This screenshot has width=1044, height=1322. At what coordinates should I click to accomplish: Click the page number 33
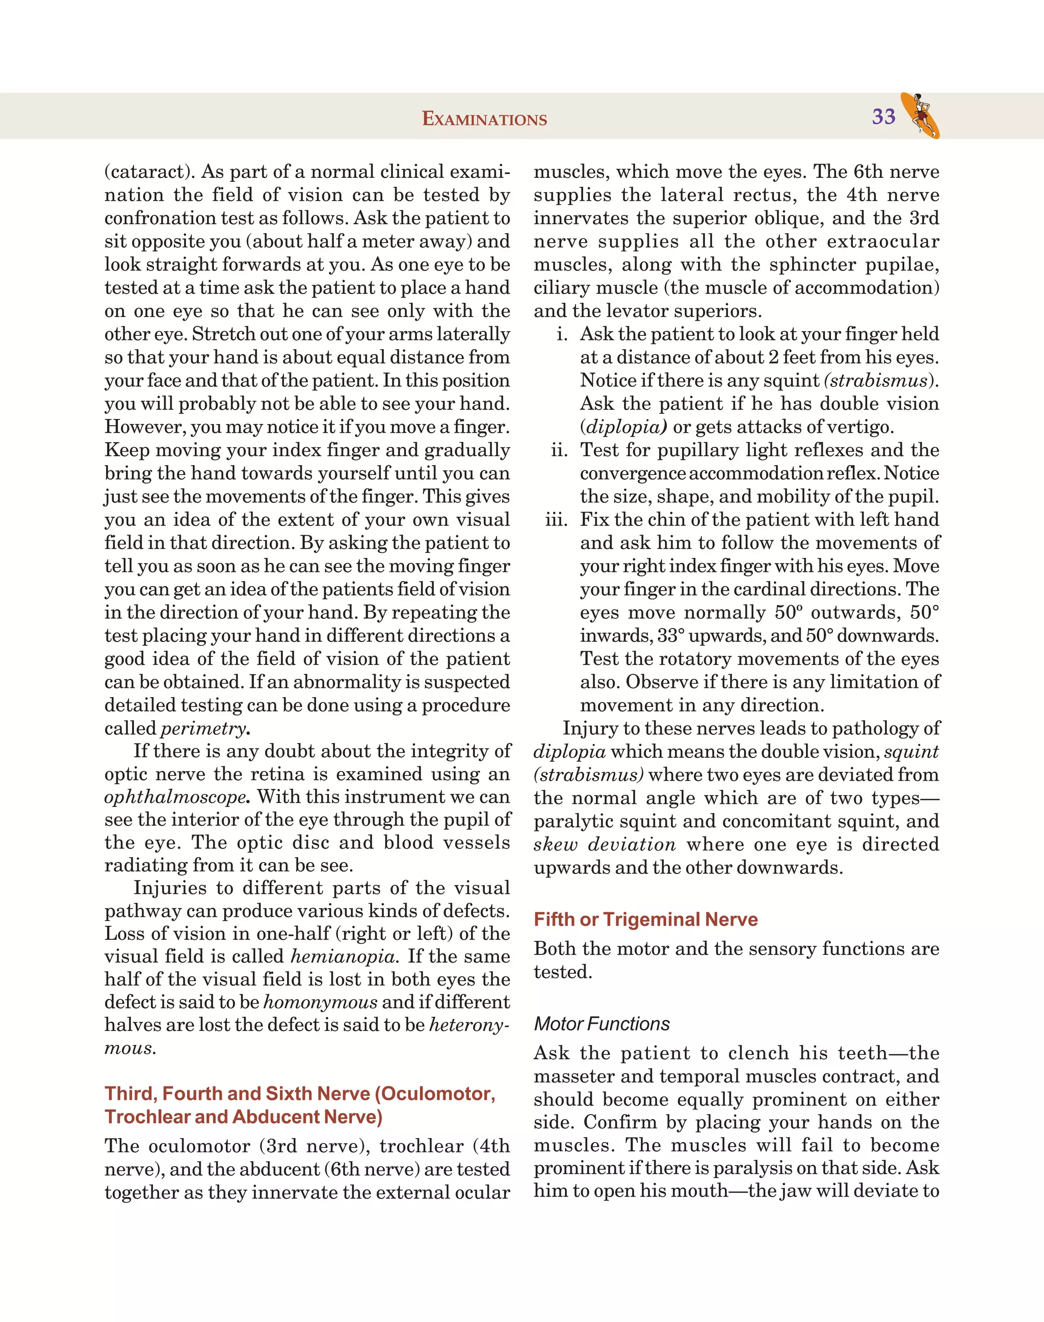click(x=883, y=116)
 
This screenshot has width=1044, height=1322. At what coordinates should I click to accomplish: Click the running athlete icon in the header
click(x=920, y=115)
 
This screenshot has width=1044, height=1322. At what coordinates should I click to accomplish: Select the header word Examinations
click(x=484, y=119)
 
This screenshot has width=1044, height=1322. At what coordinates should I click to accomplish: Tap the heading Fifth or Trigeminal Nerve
click(x=645, y=919)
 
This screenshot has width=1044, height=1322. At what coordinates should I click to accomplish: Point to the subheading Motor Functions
click(x=602, y=1024)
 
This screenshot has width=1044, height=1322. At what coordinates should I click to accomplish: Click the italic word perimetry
click(x=203, y=729)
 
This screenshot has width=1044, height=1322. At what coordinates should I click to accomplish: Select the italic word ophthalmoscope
click(x=175, y=797)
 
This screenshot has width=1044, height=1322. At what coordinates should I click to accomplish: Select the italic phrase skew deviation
click(x=604, y=844)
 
